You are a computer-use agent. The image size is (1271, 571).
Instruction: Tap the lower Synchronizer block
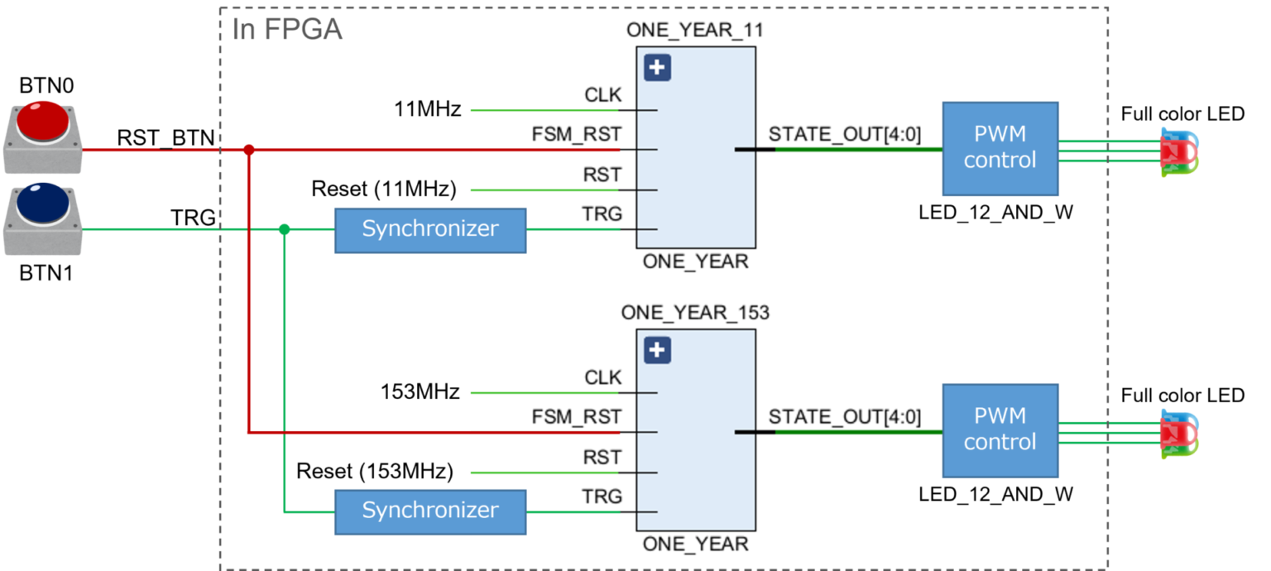click(x=429, y=511)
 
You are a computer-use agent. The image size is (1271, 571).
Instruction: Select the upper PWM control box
click(x=1000, y=149)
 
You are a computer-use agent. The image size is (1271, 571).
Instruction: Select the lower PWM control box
click(x=1000, y=429)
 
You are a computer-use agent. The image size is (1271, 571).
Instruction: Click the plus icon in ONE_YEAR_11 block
click(x=657, y=68)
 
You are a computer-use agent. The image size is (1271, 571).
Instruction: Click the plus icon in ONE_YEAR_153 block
click(x=657, y=351)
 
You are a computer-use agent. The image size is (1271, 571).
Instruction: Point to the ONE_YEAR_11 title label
click(x=695, y=31)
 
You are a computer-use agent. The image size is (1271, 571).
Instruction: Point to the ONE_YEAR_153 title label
click(x=695, y=314)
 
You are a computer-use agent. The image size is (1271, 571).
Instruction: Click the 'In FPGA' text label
click(x=286, y=31)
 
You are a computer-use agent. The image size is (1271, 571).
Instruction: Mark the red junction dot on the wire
click(x=248, y=150)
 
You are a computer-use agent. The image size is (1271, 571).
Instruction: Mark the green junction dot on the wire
click(x=284, y=229)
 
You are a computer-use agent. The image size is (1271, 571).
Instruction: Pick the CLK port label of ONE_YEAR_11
click(x=602, y=95)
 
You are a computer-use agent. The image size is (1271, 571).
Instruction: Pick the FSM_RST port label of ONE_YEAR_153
click(x=576, y=417)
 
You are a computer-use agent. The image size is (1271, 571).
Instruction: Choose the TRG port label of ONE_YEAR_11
click(x=602, y=214)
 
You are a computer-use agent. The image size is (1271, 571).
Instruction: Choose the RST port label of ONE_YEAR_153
click(x=602, y=458)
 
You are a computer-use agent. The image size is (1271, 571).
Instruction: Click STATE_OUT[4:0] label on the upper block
click(x=844, y=134)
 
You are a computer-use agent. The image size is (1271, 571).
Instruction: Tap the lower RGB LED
click(x=1177, y=433)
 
